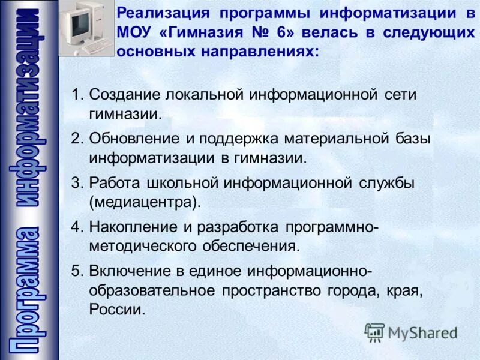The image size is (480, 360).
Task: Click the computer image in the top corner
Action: click(86, 29)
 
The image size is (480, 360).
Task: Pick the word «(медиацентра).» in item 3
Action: click(145, 202)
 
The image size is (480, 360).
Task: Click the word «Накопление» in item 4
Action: click(129, 226)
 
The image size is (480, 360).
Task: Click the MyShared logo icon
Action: click(375, 332)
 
